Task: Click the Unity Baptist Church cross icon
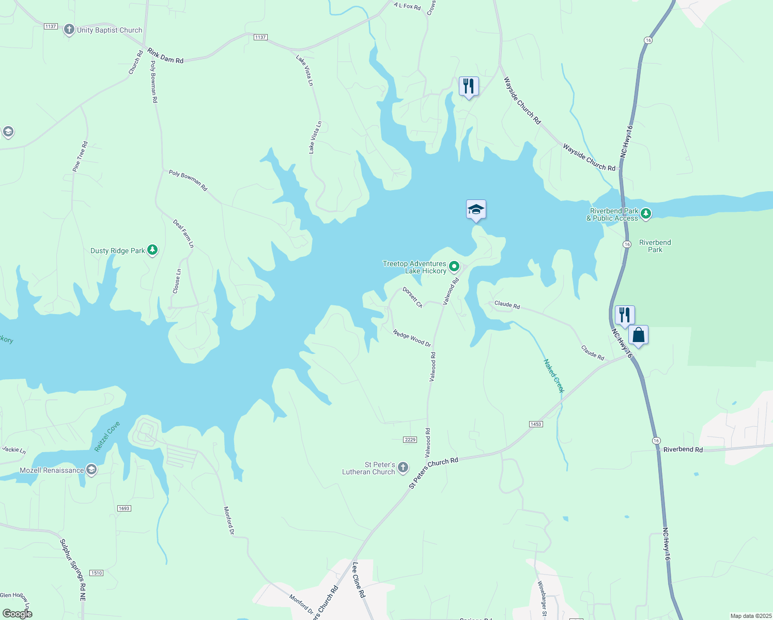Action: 69,30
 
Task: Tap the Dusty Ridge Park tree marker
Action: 152,251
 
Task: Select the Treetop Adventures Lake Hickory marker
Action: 454,267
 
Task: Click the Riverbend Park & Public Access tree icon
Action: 645,214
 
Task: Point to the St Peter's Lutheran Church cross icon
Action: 403,468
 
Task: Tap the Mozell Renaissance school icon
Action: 91,470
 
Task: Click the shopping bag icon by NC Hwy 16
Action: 639,335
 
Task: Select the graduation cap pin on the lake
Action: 476,209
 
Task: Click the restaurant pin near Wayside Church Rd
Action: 469,86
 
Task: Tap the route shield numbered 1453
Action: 536,424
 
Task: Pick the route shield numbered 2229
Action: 410,440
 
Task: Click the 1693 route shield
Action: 124,508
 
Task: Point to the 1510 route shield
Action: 96,573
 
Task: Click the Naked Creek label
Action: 554,376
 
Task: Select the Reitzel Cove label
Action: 107,437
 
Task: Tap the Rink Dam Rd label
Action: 165,56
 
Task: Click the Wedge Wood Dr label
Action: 412,338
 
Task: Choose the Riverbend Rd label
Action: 683,450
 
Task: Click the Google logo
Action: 17,614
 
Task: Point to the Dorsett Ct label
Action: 412,298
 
